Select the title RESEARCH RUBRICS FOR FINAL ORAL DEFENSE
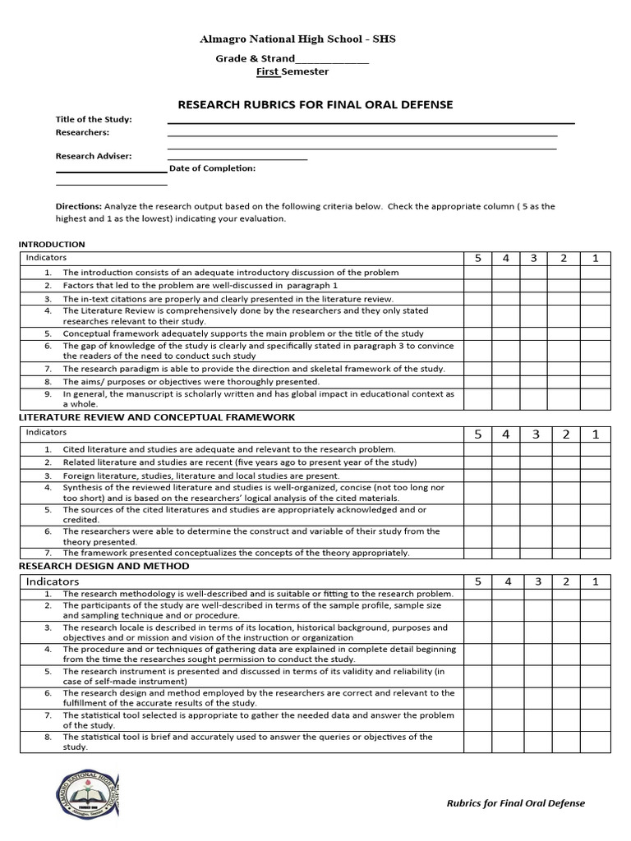[x=315, y=104]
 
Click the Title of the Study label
[x=94, y=119]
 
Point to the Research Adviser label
[x=94, y=156]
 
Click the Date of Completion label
[x=213, y=168]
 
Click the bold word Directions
[x=79, y=206]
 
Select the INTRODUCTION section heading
[x=52, y=244]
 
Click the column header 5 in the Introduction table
[x=477, y=259]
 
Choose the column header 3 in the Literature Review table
[x=534, y=434]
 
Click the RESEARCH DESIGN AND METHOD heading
[x=104, y=566]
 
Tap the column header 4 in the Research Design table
[x=506, y=581]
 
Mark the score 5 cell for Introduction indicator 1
[x=477, y=273]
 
